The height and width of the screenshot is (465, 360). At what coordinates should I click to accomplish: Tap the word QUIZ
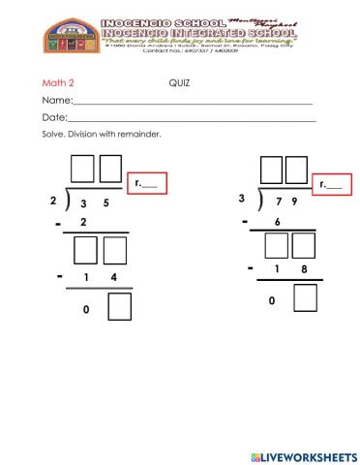click(180, 83)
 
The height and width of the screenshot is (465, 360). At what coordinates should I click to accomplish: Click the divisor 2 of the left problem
click(52, 202)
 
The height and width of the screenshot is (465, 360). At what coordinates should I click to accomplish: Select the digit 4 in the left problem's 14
click(114, 279)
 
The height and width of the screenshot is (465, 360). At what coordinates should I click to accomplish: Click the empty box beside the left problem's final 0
click(119, 308)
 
